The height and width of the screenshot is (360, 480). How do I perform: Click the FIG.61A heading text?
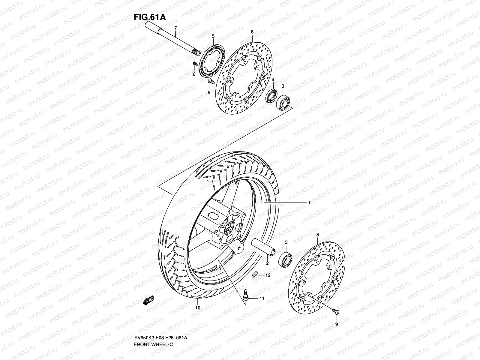pyautogui.click(x=149, y=17)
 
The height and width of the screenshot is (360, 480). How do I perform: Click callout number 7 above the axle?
pyautogui.click(x=176, y=28)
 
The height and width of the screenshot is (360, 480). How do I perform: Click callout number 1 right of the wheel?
pyautogui.click(x=309, y=203)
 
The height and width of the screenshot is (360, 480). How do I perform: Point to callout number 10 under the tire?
pyautogui.click(x=198, y=307)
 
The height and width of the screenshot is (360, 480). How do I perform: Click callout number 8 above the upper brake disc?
pyautogui.click(x=252, y=31)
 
